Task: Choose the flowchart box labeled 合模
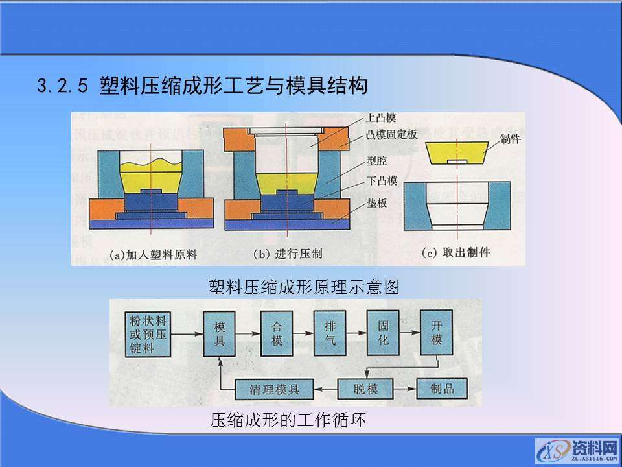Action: pos(277,332)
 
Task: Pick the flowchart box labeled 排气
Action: pos(330,332)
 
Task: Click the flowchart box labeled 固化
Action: pos(383,332)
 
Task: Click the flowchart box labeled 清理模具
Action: pos(274,389)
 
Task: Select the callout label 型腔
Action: pos(376,160)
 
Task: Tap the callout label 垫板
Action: pos(376,202)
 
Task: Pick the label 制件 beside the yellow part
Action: pos(511,139)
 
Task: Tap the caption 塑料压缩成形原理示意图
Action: pos(304,287)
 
